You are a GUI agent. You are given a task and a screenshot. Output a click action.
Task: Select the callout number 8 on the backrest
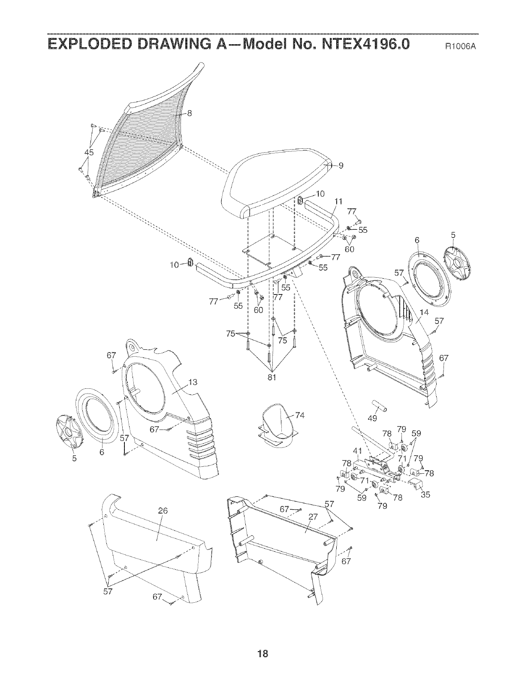[x=189, y=113]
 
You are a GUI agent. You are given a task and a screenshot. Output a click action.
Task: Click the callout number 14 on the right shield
[x=424, y=312]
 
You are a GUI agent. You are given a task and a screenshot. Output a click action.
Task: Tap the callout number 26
[x=163, y=511]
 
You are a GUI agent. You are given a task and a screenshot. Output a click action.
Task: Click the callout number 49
[x=373, y=418]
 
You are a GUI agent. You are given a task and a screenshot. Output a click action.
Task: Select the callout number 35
[x=425, y=495]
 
